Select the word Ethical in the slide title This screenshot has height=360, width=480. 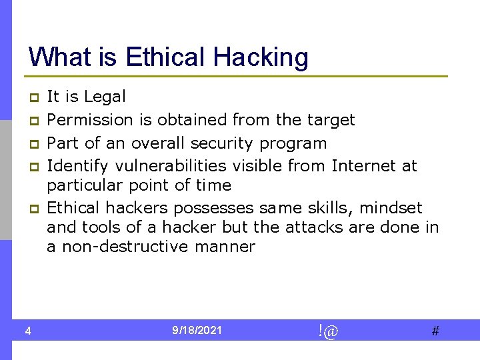(167, 57)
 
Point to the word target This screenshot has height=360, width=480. (331, 120)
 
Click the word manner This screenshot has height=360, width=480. (225, 247)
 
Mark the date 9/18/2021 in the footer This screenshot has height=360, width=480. (197, 331)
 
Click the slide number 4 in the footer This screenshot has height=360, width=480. (27, 331)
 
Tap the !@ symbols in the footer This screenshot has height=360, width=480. (328, 331)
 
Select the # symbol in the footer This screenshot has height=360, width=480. (435, 331)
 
